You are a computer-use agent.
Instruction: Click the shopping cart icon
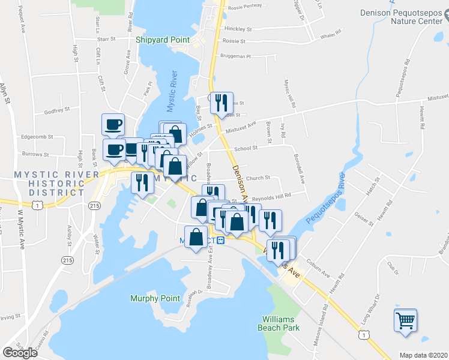click(405, 320)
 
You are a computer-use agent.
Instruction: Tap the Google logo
click(20, 353)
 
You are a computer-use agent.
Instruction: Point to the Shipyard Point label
click(162, 40)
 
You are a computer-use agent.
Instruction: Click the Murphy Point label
click(155, 298)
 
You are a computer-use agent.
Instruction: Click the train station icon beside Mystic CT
click(220, 241)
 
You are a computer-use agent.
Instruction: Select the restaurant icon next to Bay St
click(221, 103)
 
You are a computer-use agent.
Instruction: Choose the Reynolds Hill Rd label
click(271, 196)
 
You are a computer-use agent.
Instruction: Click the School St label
click(246, 148)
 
